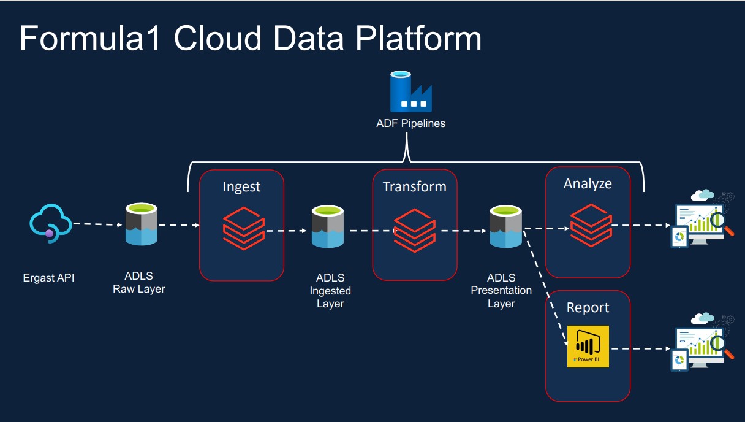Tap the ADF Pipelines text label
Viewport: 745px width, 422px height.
click(x=410, y=123)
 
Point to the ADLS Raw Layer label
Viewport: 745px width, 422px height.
click(x=138, y=283)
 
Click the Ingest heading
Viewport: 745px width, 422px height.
click(x=241, y=186)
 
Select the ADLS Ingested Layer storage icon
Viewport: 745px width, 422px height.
click(x=330, y=226)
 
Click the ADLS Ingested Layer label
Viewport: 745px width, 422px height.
click(x=330, y=291)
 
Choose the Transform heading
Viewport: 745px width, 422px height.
click(x=415, y=186)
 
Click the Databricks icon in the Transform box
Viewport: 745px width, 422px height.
click(x=415, y=228)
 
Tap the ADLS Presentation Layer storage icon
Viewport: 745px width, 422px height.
click(x=505, y=226)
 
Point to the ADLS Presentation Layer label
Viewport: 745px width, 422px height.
click(x=501, y=291)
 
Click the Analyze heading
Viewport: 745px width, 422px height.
click(x=588, y=183)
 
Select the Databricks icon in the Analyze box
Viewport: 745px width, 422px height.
click(x=591, y=226)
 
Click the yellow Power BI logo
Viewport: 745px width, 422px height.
click(x=588, y=347)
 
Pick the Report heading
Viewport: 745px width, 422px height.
click(x=588, y=308)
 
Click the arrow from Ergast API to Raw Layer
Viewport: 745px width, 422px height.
click(x=96, y=224)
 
